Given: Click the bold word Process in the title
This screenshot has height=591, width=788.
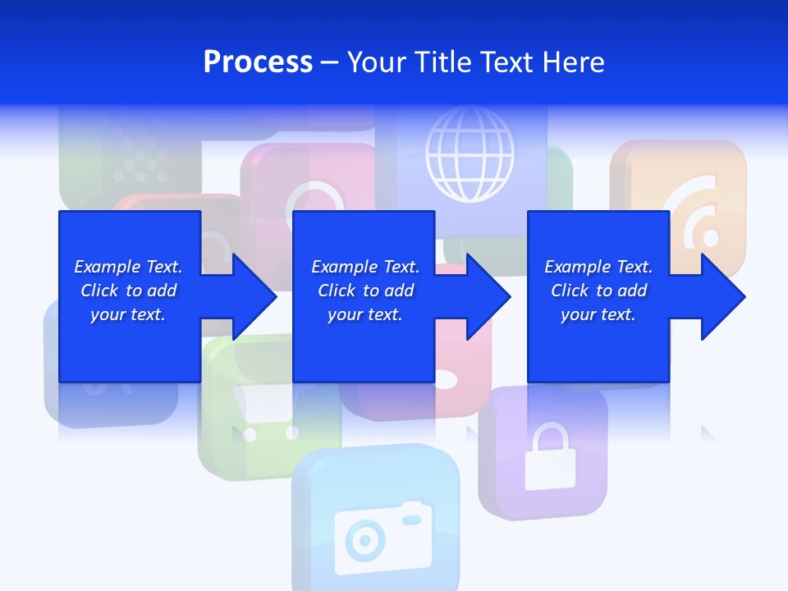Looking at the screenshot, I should [x=258, y=62].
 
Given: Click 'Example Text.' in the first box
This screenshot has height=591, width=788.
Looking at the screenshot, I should [x=128, y=267].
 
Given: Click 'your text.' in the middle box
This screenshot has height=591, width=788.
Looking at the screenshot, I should [x=364, y=314].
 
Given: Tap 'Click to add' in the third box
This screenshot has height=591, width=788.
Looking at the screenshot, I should [x=598, y=291].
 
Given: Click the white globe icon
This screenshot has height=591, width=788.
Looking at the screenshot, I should [x=470, y=156].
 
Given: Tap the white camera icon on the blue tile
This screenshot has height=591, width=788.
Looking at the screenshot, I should [x=383, y=537].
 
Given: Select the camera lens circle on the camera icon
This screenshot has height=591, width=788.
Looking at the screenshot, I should [x=364, y=541].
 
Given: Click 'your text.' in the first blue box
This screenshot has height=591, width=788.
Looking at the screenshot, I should [x=128, y=314].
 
